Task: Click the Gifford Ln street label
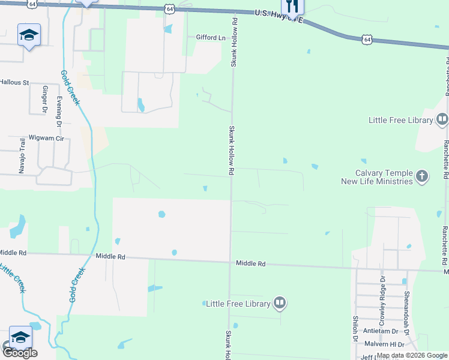point(210,37)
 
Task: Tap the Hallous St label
point(14,82)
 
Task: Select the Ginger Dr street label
point(44,100)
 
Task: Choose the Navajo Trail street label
point(22,156)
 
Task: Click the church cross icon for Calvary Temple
point(423,176)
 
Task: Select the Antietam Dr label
point(381,331)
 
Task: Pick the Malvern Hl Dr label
point(384,344)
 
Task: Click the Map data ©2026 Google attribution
point(412,356)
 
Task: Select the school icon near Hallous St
point(28,36)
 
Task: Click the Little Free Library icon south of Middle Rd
point(280,303)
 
